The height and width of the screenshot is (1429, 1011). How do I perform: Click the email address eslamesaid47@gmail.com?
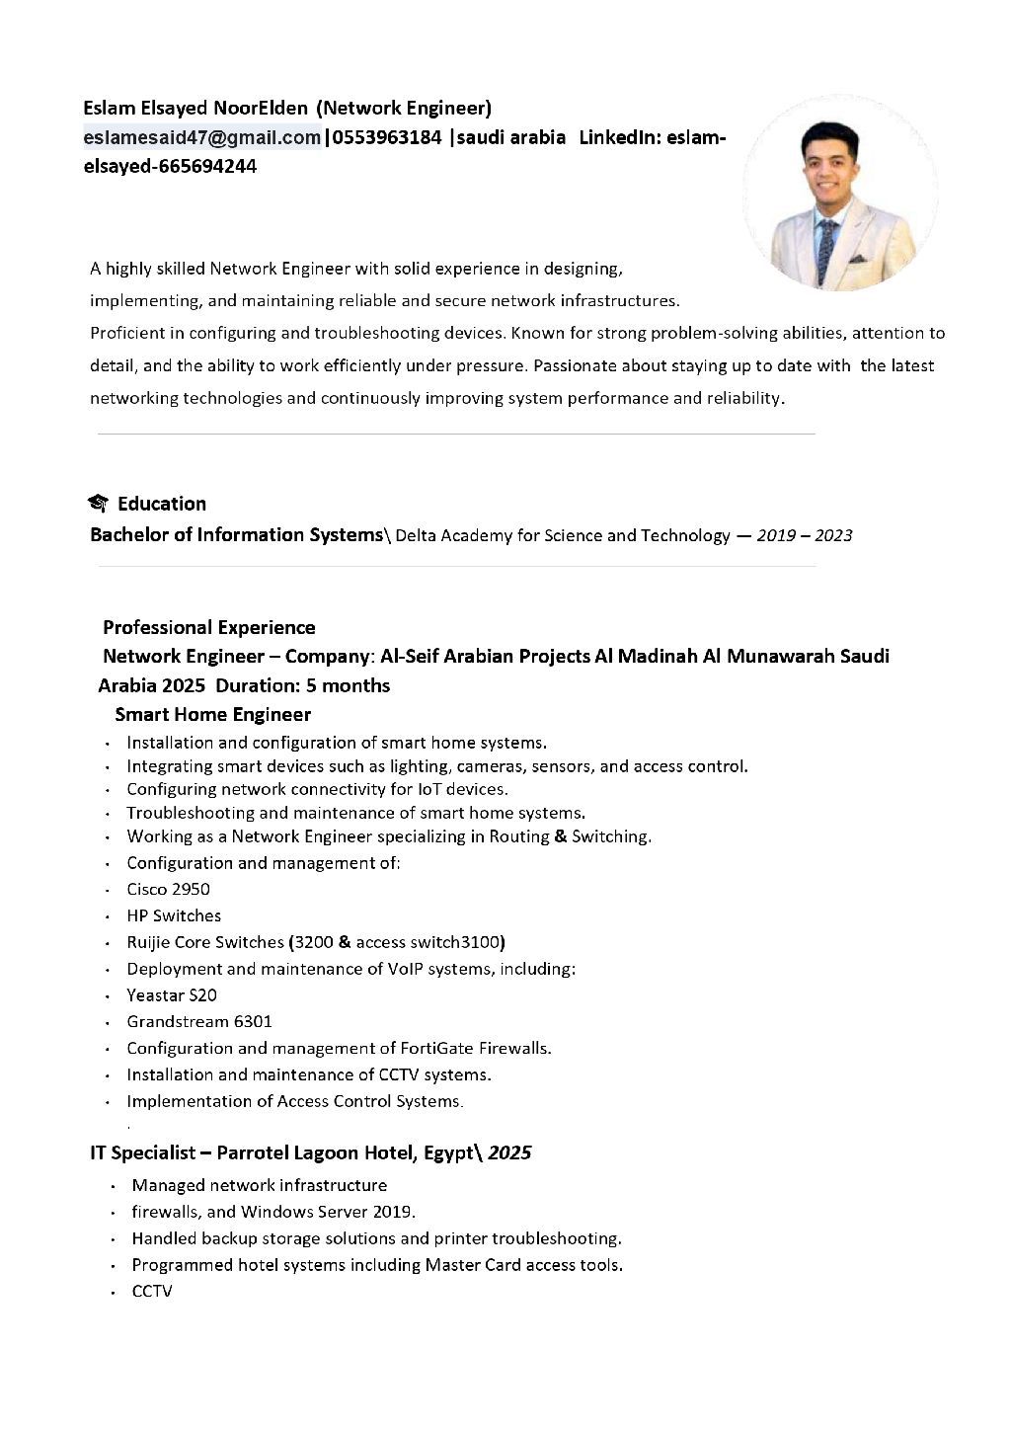pyautogui.click(x=202, y=137)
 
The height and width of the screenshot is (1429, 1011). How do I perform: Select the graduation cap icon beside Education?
pyautogui.click(x=98, y=504)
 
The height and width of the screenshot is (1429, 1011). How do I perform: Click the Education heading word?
pyautogui.click(x=162, y=504)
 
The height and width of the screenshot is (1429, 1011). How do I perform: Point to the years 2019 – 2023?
pyautogui.click(x=804, y=535)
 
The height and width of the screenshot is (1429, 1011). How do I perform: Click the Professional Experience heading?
pyautogui.click(x=209, y=627)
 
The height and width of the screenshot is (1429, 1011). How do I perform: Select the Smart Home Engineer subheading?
pyautogui.click(x=212, y=714)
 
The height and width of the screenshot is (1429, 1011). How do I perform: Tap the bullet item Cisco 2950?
pyautogui.click(x=168, y=889)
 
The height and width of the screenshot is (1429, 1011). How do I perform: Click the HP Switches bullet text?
pyautogui.click(x=174, y=915)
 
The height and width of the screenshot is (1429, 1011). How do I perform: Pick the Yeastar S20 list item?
pyautogui.click(x=172, y=994)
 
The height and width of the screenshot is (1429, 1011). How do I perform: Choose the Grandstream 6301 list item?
pyautogui.click(x=199, y=1021)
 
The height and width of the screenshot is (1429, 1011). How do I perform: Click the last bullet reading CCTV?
pyautogui.click(x=152, y=1291)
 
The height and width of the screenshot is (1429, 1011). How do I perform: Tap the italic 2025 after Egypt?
pyautogui.click(x=509, y=1152)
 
